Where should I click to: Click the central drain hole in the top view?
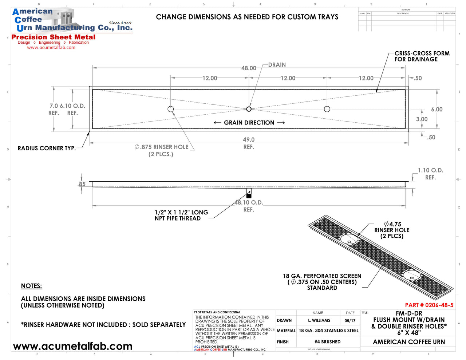pyautogui.click(x=249, y=109)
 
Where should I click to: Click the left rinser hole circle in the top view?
pyautogui.click(x=170, y=109)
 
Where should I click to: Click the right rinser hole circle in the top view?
pyautogui.click(x=327, y=109)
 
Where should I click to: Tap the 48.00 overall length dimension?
pyautogui.click(x=249, y=68)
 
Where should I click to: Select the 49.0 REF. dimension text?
pyautogui.click(x=249, y=143)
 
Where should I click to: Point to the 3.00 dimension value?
pyautogui.click(x=422, y=119)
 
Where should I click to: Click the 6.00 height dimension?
pyautogui.click(x=437, y=110)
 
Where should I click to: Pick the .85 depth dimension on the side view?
pyautogui.click(x=82, y=184)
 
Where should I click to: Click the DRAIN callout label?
pyautogui.click(x=277, y=65)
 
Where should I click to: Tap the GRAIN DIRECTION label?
pyautogui.click(x=249, y=123)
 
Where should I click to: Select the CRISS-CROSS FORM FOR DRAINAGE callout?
pyautogui.click(x=422, y=56)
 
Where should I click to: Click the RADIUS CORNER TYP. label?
pyautogui.click(x=47, y=148)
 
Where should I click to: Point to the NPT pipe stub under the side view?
pyautogui.click(x=249, y=193)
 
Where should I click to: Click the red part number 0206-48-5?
pyautogui.click(x=429, y=305)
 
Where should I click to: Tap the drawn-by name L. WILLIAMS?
pyautogui.click(x=319, y=321)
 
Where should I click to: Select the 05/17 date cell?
pyautogui.click(x=350, y=321)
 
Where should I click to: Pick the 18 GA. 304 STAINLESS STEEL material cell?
pyautogui.click(x=328, y=331)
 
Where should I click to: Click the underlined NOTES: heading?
pyautogui.click(x=31, y=286)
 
